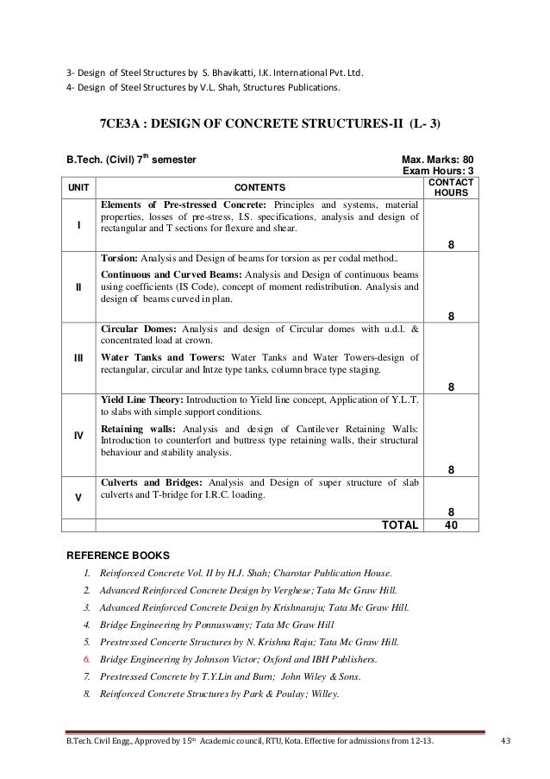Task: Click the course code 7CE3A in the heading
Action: pyautogui.click(x=122, y=123)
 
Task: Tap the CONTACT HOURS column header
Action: pyautogui.click(x=449, y=185)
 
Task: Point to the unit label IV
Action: pyautogui.click(x=78, y=437)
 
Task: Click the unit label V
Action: pyautogui.click(x=78, y=496)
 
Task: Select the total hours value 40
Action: pyautogui.click(x=450, y=524)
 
